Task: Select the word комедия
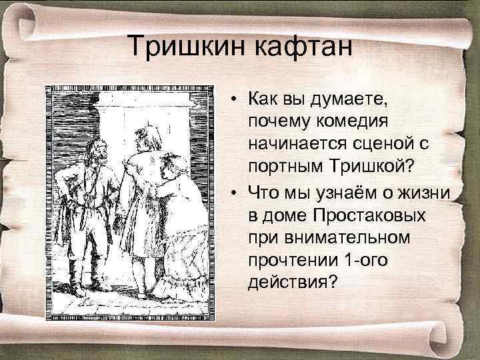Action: pos(359,122)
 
